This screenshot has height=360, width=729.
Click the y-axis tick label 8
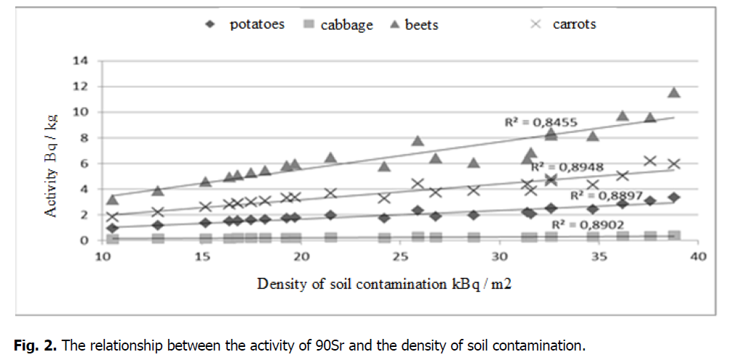tap(84, 137)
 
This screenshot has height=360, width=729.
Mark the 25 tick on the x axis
tap(399, 257)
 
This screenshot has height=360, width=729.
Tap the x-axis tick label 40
tap(697, 257)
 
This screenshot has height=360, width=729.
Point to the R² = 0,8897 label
tap(605, 195)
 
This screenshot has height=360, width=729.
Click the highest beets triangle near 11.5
tap(674, 92)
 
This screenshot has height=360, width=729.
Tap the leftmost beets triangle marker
tap(112, 199)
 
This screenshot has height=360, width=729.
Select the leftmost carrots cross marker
tap(112, 217)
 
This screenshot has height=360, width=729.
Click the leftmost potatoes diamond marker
tap(112, 228)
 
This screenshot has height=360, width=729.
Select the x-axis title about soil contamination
tap(384, 284)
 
